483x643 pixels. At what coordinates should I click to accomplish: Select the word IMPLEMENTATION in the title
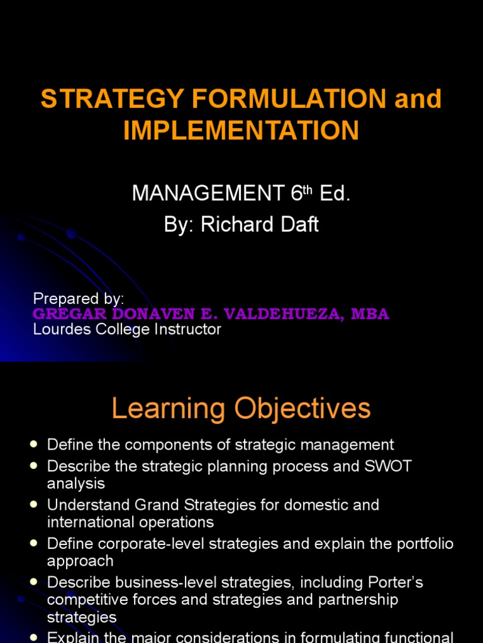point(241,131)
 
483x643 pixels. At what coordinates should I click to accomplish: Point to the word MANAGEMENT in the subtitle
point(208,194)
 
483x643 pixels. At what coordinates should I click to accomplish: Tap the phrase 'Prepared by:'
point(79,298)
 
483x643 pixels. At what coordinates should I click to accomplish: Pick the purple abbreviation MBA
point(372,314)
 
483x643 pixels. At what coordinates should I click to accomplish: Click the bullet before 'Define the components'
point(35,445)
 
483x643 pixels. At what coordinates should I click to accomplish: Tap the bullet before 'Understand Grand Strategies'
point(35,505)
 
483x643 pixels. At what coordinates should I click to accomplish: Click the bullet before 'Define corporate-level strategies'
point(35,544)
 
